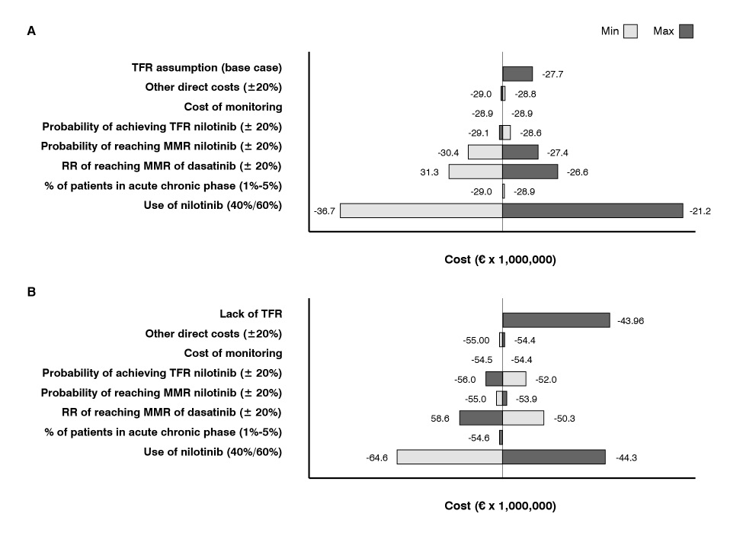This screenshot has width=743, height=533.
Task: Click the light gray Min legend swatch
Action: (x=630, y=32)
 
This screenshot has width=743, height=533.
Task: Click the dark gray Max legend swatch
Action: (x=686, y=32)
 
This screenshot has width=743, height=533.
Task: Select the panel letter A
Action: (x=31, y=31)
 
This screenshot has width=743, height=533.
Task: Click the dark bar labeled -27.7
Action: (x=517, y=74)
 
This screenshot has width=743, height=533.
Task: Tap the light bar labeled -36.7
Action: (x=421, y=210)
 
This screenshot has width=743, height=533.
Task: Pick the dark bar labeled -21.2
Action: (x=592, y=210)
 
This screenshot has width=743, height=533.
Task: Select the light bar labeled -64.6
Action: (x=449, y=457)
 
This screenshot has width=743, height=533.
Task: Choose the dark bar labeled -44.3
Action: (x=553, y=457)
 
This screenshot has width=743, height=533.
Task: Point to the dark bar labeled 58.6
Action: (x=480, y=418)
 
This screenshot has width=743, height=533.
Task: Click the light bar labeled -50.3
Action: (x=523, y=418)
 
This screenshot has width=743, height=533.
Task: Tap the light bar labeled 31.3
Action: (x=475, y=172)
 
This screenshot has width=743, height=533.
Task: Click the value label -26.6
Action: (x=577, y=172)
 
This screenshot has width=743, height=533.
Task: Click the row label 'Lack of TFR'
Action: (x=251, y=313)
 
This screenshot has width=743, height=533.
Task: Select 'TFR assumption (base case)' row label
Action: (x=207, y=68)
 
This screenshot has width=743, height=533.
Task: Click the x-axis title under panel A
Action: (x=500, y=260)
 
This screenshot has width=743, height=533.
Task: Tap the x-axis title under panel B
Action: (x=500, y=506)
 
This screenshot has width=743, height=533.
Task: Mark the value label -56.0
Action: (x=465, y=379)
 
